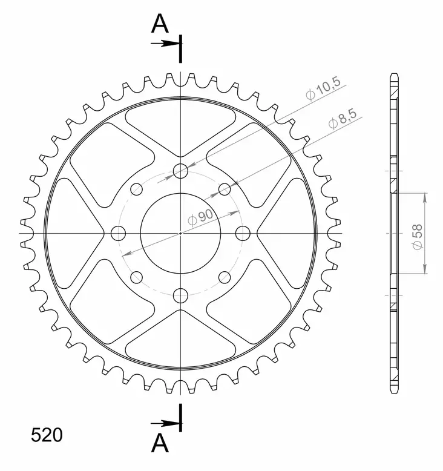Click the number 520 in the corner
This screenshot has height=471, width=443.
click(x=46, y=436)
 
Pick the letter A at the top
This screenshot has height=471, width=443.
click(x=159, y=24)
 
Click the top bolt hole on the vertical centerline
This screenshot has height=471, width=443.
click(x=181, y=171)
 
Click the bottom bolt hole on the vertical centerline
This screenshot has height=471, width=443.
click(x=181, y=295)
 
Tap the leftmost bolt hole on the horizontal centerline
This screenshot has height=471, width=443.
click(x=119, y=233)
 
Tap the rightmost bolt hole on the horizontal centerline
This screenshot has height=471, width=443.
click(x=243, y=233)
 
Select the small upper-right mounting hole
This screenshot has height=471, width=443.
click(x=225, y=189)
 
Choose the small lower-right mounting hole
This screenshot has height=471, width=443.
click(x=225, y=277)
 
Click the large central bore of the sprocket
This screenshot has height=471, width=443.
click(x=181, y=233)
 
